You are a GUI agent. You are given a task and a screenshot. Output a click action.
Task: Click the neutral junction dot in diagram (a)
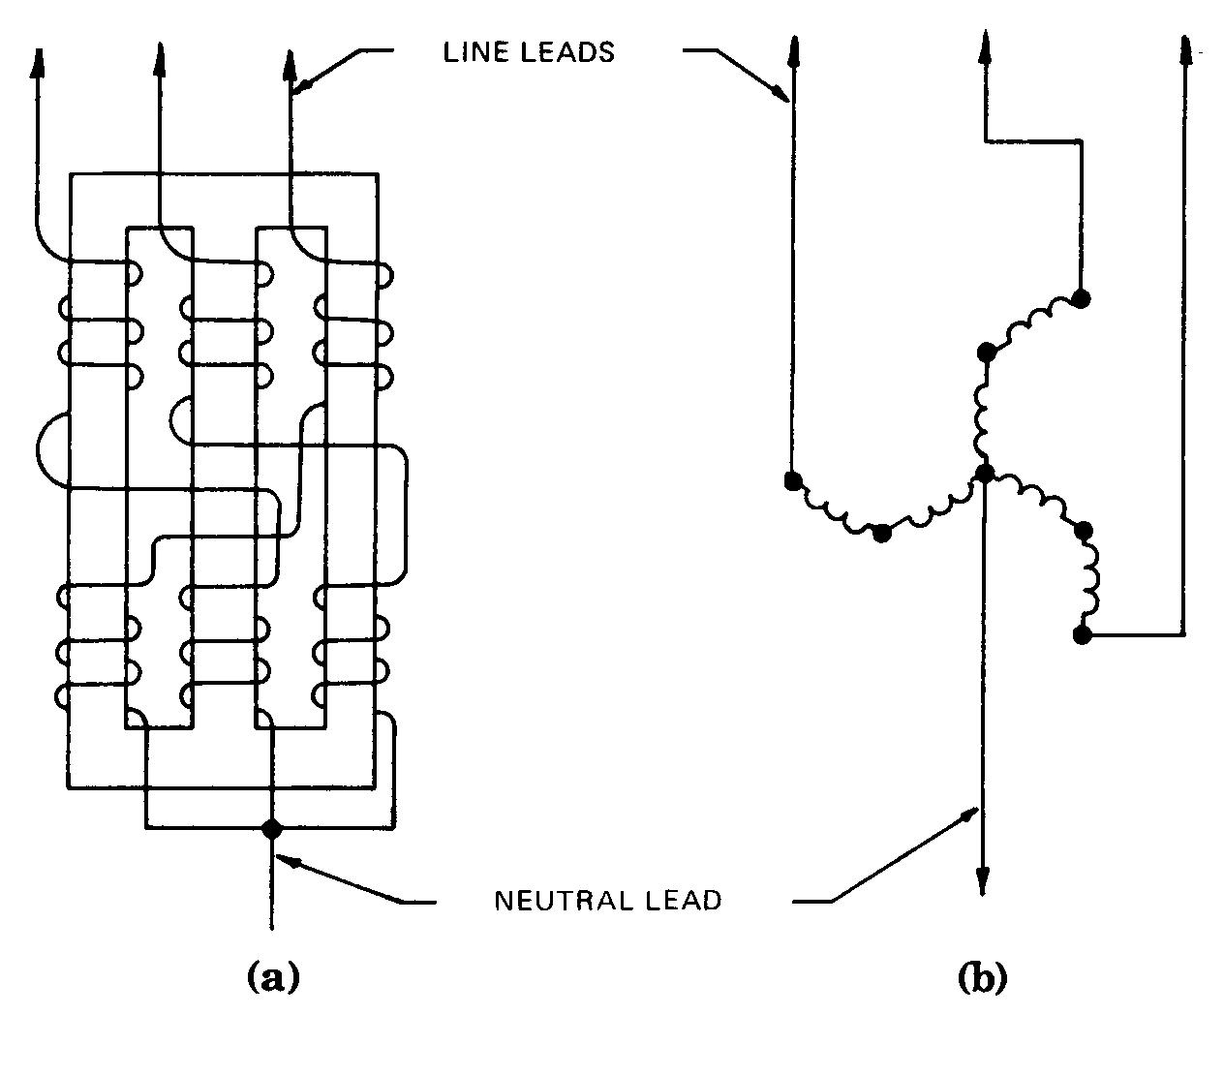(x=272, y=828)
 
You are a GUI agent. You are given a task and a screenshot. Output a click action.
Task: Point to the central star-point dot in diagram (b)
(x=984, y=474)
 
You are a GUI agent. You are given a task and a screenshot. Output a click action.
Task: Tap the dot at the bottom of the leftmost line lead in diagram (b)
(x=792, y=480)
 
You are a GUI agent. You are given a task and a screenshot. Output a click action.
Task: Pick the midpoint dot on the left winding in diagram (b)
(x=881, y=533)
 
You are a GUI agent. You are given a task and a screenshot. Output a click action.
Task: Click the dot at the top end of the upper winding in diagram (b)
(x=1081, y=298)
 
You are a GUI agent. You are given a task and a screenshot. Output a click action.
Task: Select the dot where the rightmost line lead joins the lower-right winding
(x=1082, y=635)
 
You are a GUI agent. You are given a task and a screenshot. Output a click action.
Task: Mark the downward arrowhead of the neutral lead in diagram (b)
(x=983, y=879)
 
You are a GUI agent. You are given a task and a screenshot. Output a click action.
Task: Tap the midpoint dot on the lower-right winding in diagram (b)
(x=1084, y=530)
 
